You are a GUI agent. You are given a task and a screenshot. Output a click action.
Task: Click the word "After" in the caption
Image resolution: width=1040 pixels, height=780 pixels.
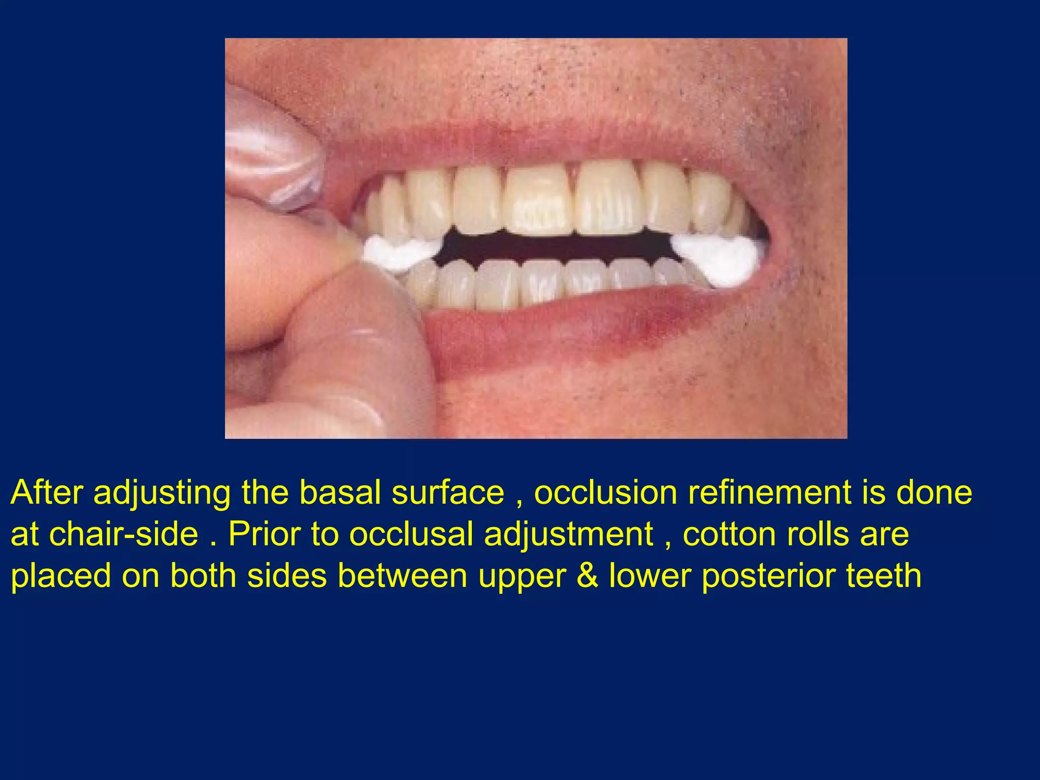coord(47,492)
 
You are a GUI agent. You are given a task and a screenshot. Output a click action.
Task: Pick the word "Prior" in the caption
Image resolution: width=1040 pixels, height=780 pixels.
coord(264,534)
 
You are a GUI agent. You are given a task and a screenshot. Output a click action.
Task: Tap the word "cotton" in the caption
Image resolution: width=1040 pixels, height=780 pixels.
coord(729,534)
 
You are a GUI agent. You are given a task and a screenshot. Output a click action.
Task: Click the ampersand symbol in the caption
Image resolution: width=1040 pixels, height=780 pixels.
coord(588,576)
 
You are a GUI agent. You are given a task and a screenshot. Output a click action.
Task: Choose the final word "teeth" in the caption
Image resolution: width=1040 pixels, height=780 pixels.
coord(884,576)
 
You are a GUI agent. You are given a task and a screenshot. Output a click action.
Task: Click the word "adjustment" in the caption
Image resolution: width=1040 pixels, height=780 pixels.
coord(569,534)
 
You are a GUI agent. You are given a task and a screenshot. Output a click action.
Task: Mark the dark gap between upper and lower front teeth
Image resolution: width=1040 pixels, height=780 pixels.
coord(554,246)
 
